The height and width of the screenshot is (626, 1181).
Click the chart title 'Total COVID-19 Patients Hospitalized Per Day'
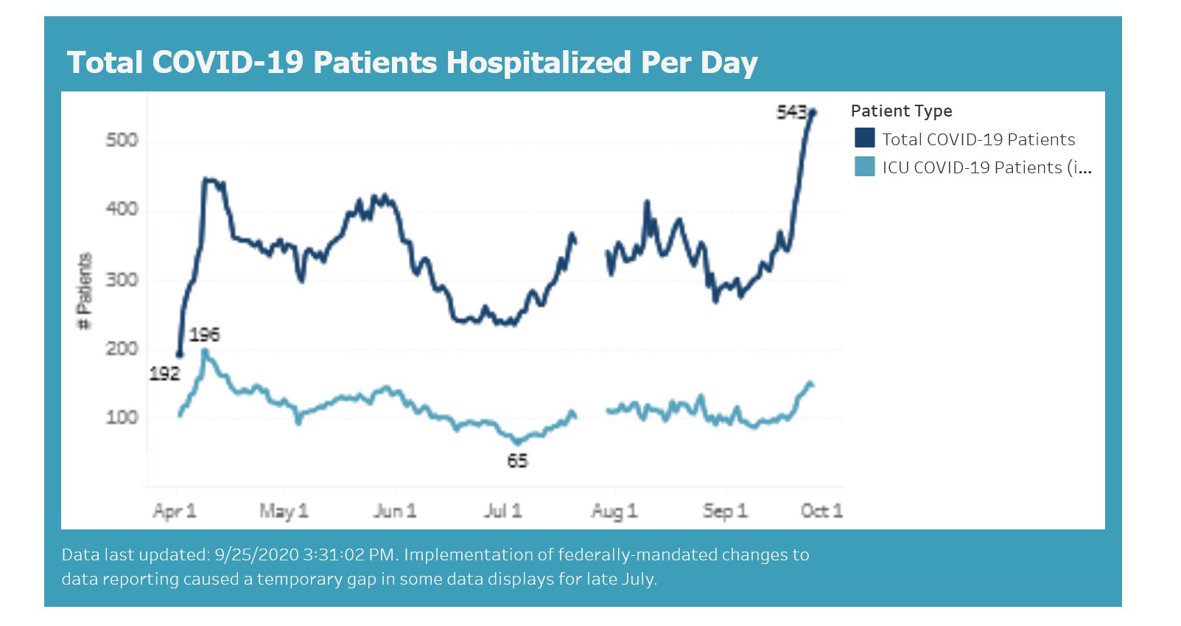[x=412, y=63]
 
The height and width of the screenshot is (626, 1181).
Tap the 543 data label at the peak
[x=791, y=112]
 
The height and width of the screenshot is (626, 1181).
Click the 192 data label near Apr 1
[x=164, y=374]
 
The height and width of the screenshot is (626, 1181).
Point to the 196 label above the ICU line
[x=204, y=335]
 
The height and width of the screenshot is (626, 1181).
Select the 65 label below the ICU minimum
[x=517, y=461]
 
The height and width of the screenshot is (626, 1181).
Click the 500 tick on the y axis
[x=122, y=140]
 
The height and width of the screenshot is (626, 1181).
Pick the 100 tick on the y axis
[x=122, y=417]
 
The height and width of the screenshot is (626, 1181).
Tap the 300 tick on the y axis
[x=122, y=279]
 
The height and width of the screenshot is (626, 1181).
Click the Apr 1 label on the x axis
[x=175, y=511]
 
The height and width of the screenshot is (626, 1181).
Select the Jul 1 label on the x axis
[x=502, y=511]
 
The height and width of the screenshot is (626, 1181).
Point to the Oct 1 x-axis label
[x=821, y=511]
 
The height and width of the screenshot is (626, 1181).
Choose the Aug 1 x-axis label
[x=614, y=511]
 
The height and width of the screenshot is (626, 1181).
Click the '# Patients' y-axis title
[x=86, y=292]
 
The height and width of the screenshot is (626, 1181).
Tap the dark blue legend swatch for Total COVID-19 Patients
[x=864, y=139]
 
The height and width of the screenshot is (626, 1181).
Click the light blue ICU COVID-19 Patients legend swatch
[x=864, y=167]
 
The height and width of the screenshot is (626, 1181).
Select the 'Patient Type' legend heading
[x=901, y=111]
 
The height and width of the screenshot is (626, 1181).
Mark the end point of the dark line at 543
[x=813, y=112]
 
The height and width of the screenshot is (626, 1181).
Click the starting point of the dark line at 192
[x=179, y=355]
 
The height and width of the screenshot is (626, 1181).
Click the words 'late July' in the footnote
[x=619, y=579]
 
